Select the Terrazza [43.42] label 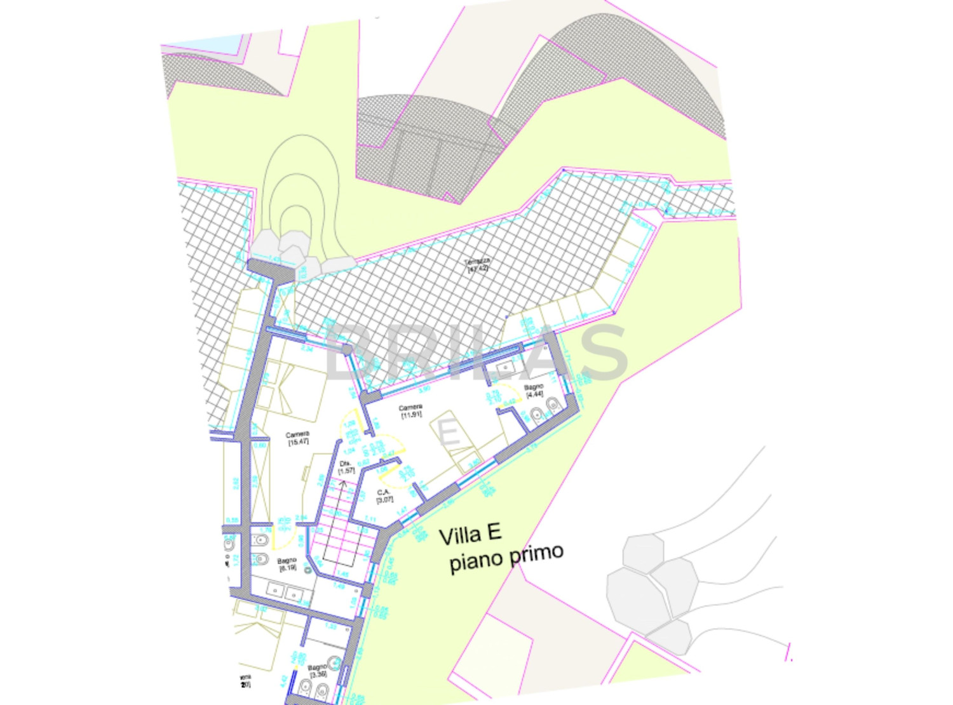point(478,265)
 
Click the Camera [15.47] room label point(297,438)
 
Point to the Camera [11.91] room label point(411,411)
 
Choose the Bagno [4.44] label point(534,390)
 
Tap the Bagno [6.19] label point(287,564)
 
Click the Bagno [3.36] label point(317,671)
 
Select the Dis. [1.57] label point(346,467)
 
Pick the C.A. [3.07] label point(384,496)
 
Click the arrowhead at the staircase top point(344,484)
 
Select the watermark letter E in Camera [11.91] point(449,434)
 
